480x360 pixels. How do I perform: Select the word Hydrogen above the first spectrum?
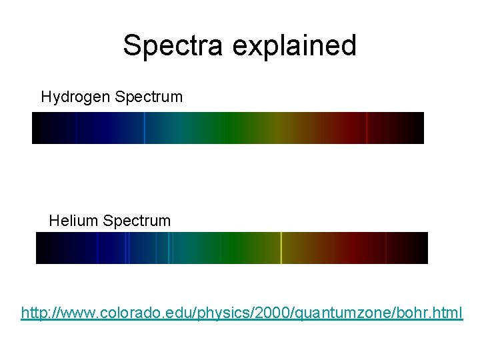click(x=75, y=97)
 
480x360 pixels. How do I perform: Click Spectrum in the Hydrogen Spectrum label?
click(x=149, y=97)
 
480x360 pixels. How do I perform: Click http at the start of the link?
click(x=34, y=312)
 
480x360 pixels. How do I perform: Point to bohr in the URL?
click(x=410, y=312)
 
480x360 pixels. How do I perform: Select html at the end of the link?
click(x=448, y=312)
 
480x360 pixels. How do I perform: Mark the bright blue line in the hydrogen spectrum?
click(x=144, y=128)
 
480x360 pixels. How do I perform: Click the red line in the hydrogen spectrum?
click(x=367, y=128)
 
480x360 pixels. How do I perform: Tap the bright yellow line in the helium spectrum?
click(x=281, y=248)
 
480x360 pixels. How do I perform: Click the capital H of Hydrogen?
click(x=46, y=97)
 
